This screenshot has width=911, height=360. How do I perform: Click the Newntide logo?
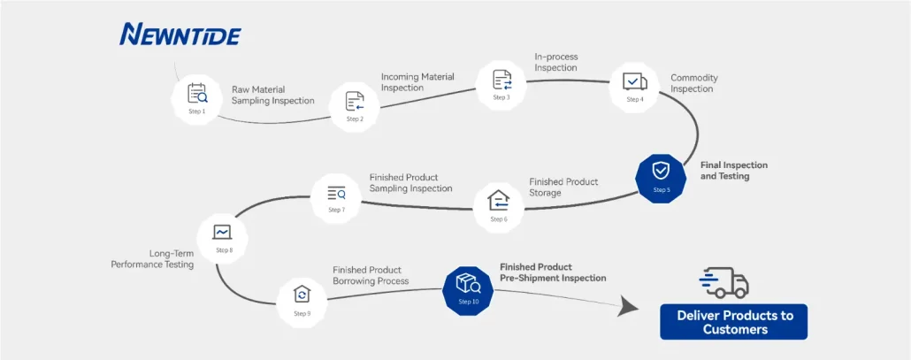[180, 34]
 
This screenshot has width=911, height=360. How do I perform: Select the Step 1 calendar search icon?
[197, 94]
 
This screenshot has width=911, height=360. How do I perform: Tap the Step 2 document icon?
[355, 101]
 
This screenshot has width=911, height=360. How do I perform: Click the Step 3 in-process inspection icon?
[502, 80]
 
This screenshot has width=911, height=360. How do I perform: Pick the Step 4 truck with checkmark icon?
[634, 82]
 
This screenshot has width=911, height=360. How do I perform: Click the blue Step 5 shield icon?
[661, 172]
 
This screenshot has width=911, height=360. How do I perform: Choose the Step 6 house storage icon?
[499, 200]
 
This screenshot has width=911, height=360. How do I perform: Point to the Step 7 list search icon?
[336, 193]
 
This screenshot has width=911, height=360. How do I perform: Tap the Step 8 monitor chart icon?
[223, 233]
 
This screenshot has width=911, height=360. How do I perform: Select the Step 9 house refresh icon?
[302, 294]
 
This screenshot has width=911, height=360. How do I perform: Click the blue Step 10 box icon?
[468, 283]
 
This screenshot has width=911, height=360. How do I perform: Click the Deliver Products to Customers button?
[734, 322]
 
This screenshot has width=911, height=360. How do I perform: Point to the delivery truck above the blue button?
[723, 283]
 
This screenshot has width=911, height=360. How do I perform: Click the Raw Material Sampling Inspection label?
[273, 96]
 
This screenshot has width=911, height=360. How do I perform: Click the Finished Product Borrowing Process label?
[371, 275]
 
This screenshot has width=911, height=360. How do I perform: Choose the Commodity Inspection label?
[694, 83]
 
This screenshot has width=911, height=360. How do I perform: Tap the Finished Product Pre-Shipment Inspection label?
[553, 273]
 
